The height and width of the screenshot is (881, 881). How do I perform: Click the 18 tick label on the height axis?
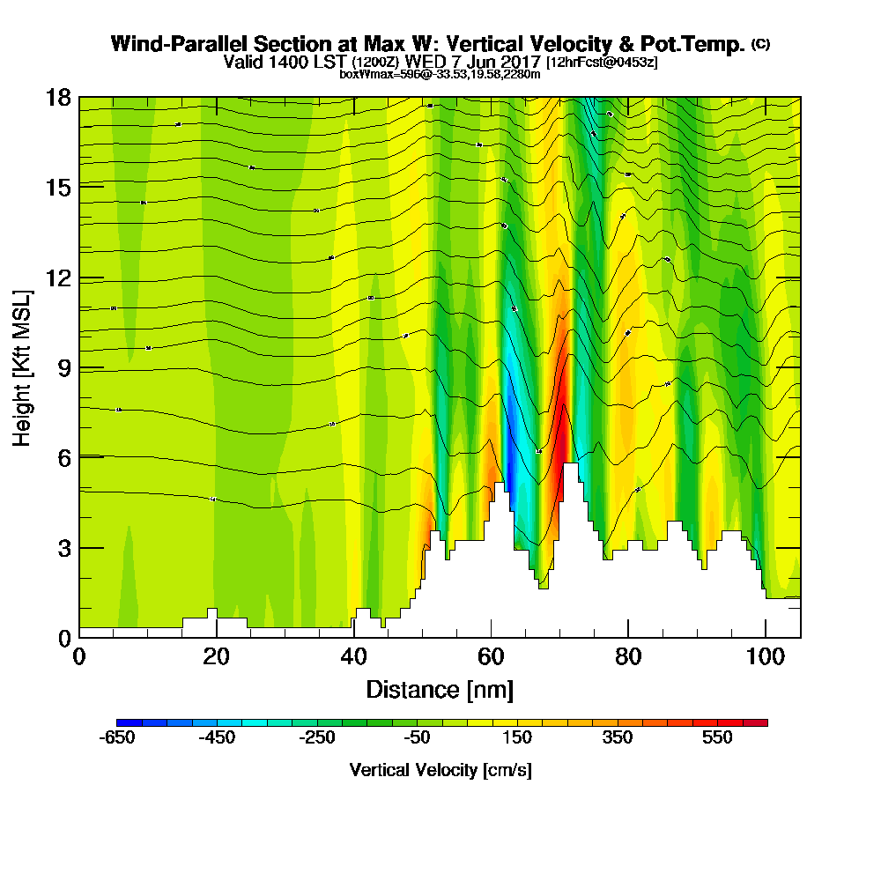[58, 97]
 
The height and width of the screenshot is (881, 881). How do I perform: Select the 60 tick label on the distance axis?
[491, 657]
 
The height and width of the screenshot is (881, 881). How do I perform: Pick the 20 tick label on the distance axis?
[216, 657]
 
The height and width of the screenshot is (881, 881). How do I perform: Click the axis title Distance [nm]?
[440, 689]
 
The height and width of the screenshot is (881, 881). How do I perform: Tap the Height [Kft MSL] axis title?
[22, 366]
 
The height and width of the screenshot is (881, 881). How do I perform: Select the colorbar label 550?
[718, 738]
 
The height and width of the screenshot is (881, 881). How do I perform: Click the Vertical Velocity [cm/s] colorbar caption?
[440, 770]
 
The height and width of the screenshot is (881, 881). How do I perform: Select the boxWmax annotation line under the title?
[440, 74]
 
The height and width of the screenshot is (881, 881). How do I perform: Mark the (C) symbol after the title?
[760, 43]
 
